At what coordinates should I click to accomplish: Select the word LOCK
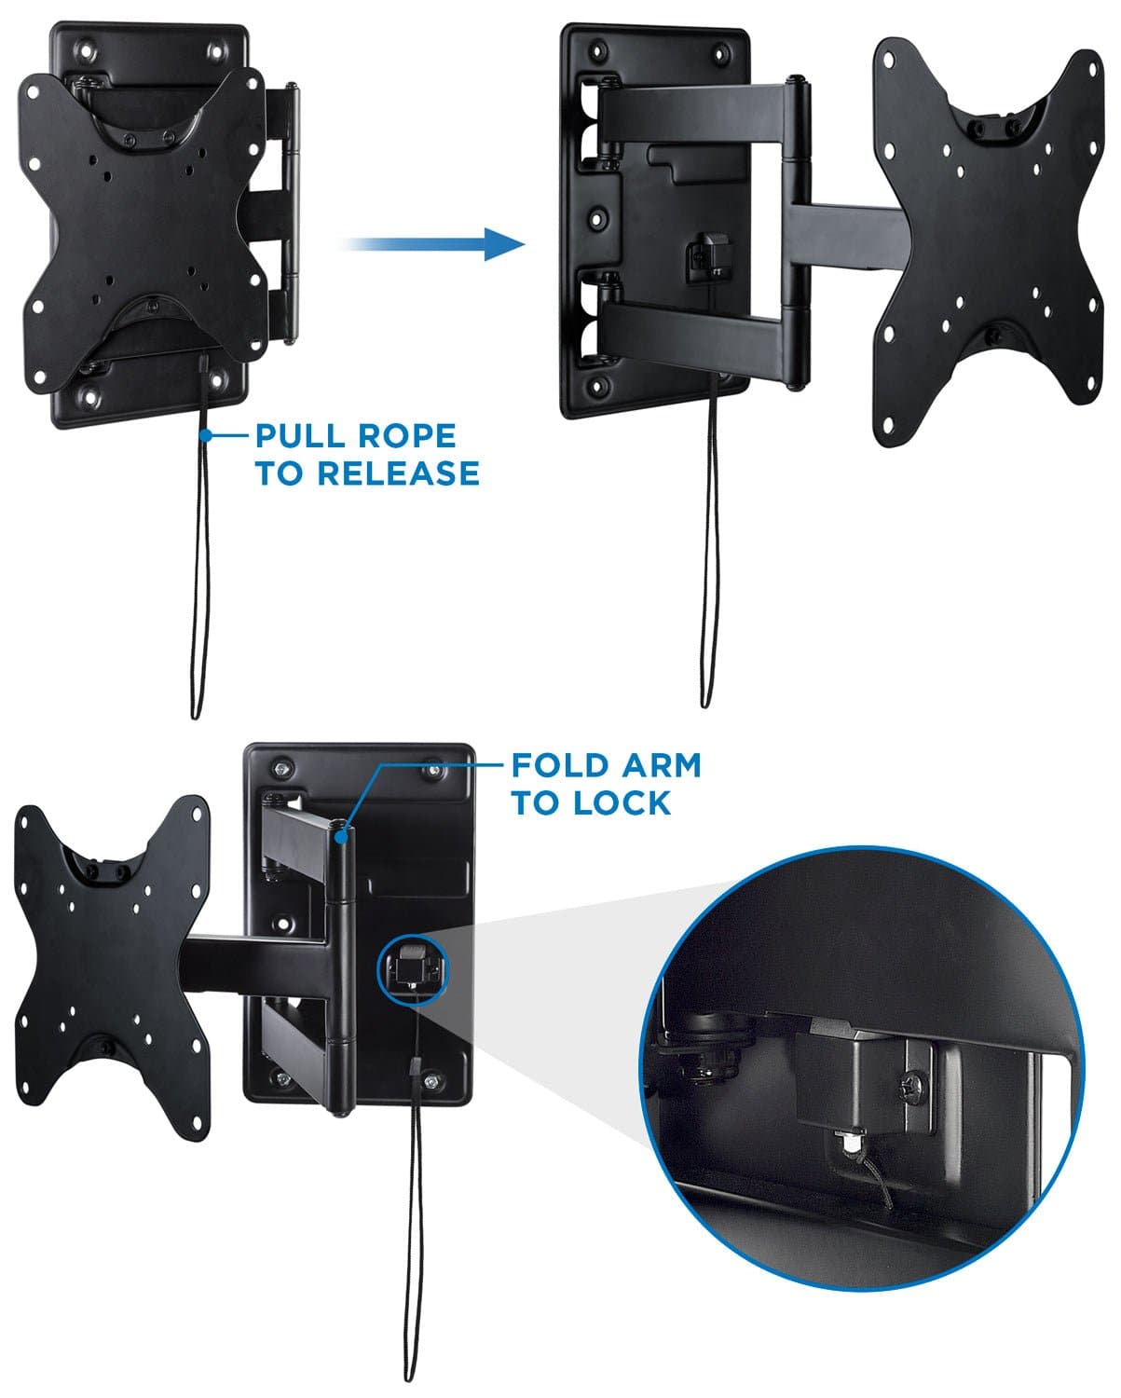pyautogui.click(x=622, y=803)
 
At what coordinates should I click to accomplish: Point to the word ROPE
pyautogui.click(x=411, y=436)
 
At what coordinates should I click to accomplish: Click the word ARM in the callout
pyautogui.click(x=661, y=766)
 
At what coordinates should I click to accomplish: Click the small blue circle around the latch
pyautogui.click(x=412, y=969)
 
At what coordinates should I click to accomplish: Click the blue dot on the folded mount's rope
pyautogui.click(x=202, y=433)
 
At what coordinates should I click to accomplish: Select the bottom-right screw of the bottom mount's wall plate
pyautogui.click(x=431, y=1080)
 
